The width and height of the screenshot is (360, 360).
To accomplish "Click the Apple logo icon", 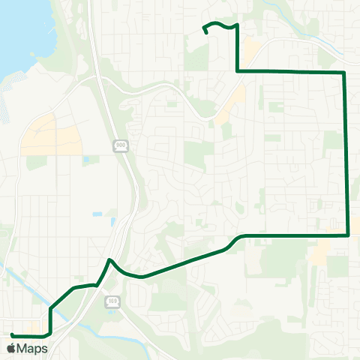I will pyautogui.click(x=10, y=348).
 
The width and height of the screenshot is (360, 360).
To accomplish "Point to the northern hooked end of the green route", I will pyautogui.click(x=205, y=33).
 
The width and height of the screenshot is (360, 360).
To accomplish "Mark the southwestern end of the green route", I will pyautogui.click(x=12, y=334).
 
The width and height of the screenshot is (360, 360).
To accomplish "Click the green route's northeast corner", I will pyautogui.click(x=344, y=72).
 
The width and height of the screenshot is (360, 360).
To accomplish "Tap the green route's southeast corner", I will pyautogui.click(x=349, y=235).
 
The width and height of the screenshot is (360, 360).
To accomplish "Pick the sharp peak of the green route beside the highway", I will pyautogui.click(x=109, y=259).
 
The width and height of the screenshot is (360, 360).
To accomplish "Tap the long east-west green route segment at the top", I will pyautogui.click(x=292, y=71).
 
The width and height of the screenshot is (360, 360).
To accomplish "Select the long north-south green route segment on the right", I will pyautogui.click(x=346, y=150).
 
